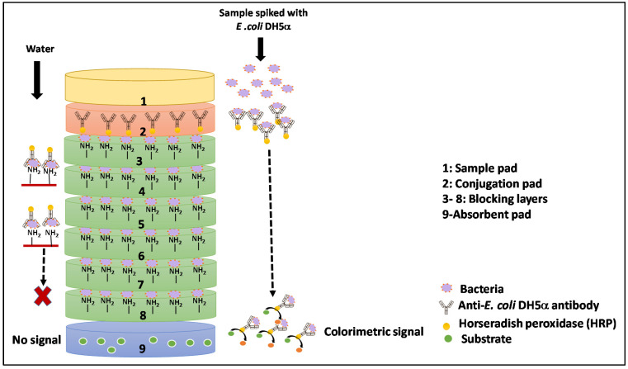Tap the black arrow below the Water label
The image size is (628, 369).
[37, 80]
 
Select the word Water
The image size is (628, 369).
[40, 49]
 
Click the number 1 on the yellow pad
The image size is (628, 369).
[143, 102]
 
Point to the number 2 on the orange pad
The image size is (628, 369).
[142, 132]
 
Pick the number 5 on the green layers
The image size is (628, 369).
[141, 224]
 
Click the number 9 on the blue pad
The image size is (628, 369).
[142, 349]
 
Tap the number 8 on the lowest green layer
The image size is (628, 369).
[143, 315]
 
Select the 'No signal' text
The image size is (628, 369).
[36, 340]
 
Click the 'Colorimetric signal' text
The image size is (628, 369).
[374, 332]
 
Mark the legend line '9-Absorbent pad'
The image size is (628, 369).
[487, 215]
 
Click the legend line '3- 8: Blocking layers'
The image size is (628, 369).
[494, 199]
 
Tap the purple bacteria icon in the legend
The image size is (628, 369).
[446, 288]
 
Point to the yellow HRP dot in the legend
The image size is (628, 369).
[447, 324]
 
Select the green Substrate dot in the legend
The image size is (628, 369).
[448, 339]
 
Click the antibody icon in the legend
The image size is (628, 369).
[446, 307]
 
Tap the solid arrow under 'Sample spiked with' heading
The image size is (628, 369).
[261, 50]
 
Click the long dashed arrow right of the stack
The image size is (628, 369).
[271, 223]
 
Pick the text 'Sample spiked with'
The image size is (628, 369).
[263, 13]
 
